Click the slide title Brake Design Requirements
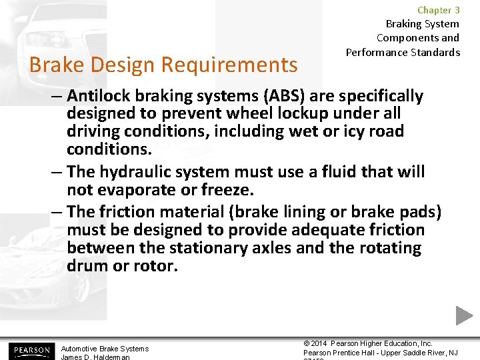click(163, 65)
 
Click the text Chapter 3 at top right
click(438, 10)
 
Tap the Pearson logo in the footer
click(30, 350)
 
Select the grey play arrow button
click(464, 316)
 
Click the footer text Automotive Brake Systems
click(105, 349)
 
